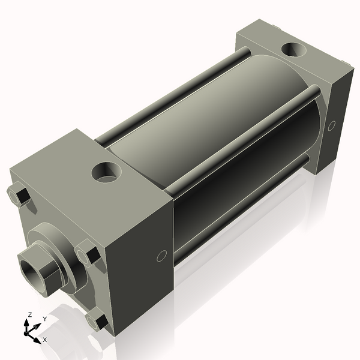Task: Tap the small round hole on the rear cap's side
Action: coord(332,125)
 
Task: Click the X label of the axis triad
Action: coord(45,340)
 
